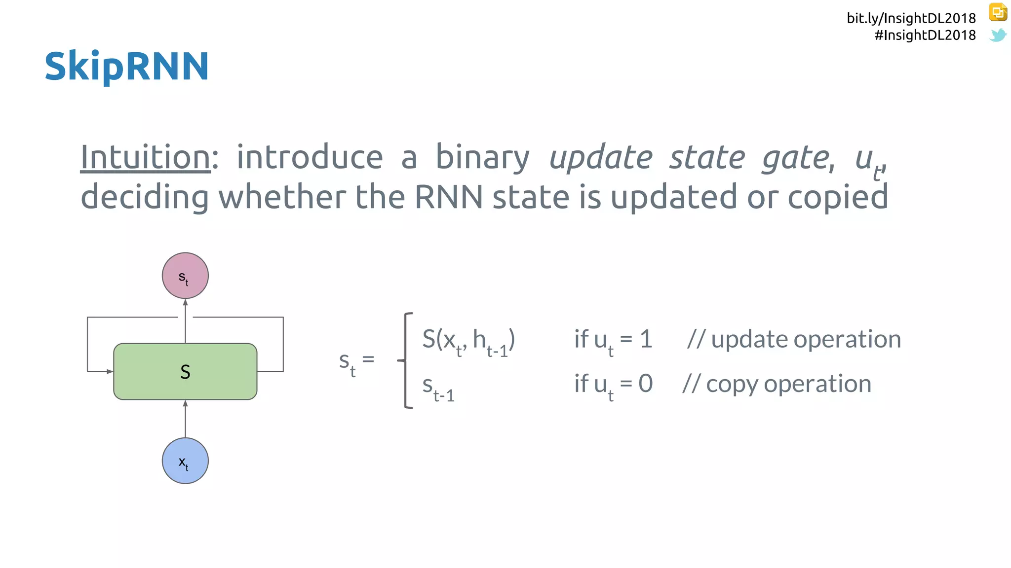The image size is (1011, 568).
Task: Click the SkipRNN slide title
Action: coord(127,66)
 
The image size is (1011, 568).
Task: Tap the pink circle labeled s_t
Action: coord(185,276)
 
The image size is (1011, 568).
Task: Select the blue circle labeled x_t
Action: coord(185,461)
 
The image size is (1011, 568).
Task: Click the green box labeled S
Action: coord(185,371)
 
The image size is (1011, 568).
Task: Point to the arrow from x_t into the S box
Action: coord(185,419)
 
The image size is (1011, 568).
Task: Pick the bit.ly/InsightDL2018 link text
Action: coord(911,18)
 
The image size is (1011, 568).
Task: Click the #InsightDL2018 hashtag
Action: coord(925,35)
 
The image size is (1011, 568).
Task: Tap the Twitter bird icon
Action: coord(998,35)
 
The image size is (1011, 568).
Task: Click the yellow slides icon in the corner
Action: coord(998,12)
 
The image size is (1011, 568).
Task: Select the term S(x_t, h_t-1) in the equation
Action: coord(468,340)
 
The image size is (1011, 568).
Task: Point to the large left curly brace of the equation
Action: coord(406,360)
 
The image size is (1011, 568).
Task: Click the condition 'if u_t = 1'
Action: coord(613,340)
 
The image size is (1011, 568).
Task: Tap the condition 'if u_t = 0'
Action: coord(613,385)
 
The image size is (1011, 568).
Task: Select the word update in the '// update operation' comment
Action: coord(749,340)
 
